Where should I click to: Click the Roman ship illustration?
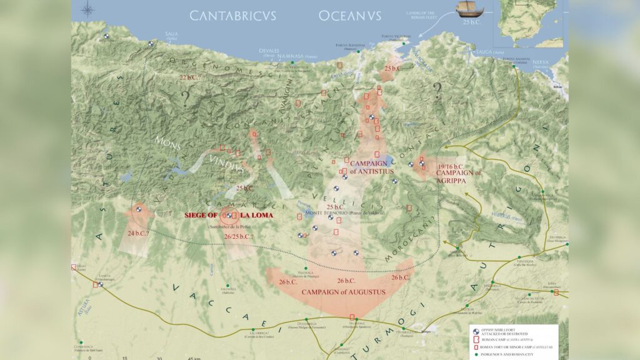[470, 8]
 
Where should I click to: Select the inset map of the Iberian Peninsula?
[530, 23]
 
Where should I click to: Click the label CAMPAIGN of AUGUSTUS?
[343, 292]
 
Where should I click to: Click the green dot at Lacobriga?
[252, 329]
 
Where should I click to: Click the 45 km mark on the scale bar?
[193, 358]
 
